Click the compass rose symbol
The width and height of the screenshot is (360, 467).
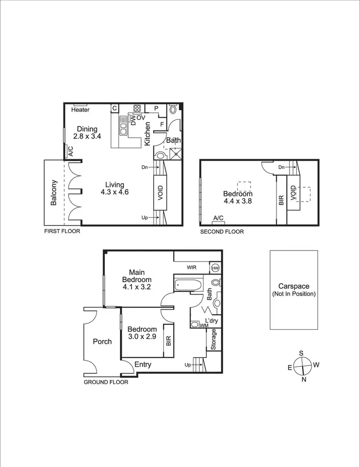[x=301, y=366]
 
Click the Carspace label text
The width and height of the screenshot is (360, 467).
[x=293, y=286]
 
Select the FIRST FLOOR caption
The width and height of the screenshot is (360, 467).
[x=61, y=231]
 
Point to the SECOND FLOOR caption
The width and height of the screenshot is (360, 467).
[x=222, y=231]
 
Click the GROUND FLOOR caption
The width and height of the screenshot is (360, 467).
[x=106, y=383]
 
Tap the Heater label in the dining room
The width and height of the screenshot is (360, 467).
[x=80, y=109]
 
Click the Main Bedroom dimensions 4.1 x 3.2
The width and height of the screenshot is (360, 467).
[x=136, y=288]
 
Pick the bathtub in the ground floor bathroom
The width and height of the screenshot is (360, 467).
[x=188, y=285]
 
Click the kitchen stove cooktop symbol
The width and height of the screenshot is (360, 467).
[x=137, y=108]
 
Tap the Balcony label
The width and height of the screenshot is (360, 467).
[x=54, y=193]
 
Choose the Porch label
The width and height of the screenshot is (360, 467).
[x=102, y=342]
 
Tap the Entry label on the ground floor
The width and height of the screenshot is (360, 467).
[x=143, y=364]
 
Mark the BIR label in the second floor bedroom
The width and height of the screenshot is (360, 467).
[x=282, y=200]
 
